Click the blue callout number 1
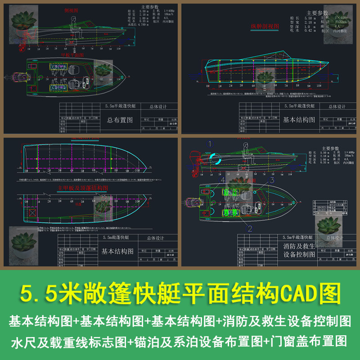pos(209,144)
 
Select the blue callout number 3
pos(272,180)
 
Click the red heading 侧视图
pos(71,9)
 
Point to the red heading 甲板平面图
pos(72,55)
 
